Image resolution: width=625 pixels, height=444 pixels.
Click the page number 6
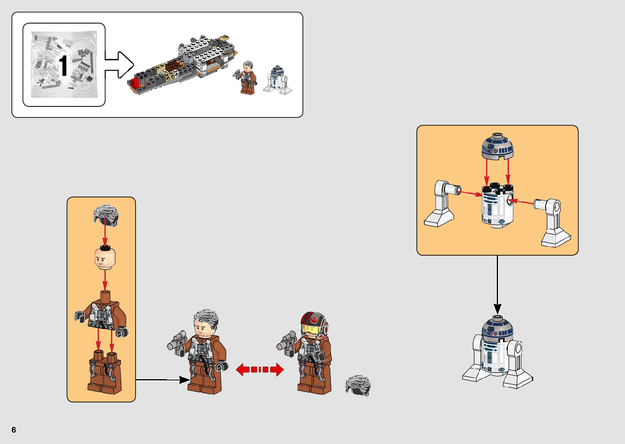click(x=14, y=430)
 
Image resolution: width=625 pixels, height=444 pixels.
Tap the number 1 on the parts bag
click(x=63, y=66)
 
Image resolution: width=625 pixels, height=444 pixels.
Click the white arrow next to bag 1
click(x=120, y=64)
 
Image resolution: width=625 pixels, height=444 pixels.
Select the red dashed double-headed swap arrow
click(x=260, y=370)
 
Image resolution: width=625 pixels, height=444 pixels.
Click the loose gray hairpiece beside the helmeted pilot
click(x=358, y=385)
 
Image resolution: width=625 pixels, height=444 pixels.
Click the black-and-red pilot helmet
click(x=314, y=325)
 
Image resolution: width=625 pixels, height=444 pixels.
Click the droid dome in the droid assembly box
click(x=497, y=147)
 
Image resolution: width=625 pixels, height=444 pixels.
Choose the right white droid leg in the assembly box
click(x=554, y=222)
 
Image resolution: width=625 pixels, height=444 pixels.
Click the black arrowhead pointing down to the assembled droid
click(x=497, y=309)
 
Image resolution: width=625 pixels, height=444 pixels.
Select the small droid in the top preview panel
click(x=277, y=80)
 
